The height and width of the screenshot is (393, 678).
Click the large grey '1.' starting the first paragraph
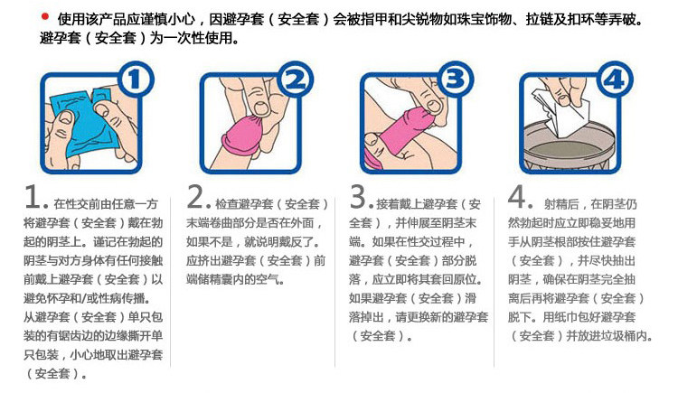tap(35, 199)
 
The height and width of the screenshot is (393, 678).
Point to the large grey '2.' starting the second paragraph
tap(200, 199)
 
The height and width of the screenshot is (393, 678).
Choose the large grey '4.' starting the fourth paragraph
tap(519, 199)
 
